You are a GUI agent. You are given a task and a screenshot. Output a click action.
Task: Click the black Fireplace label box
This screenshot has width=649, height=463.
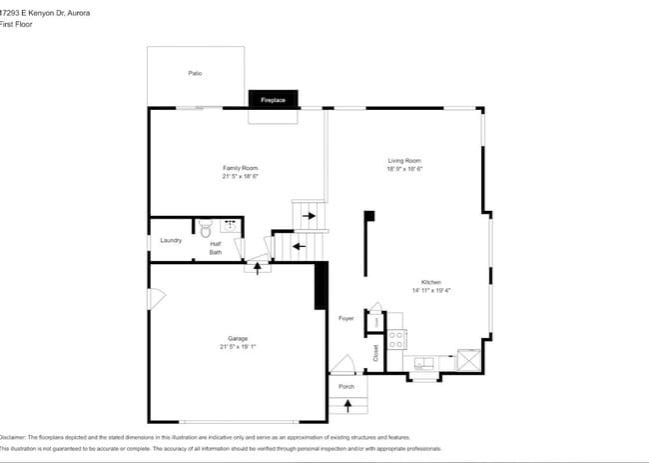point(274,100)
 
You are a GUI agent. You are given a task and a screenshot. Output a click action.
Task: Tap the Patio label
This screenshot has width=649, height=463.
point(196,73)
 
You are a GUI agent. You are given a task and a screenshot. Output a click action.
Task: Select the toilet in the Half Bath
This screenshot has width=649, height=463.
point(207,227)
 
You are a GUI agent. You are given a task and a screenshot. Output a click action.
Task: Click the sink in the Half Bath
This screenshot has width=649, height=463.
point(230,225)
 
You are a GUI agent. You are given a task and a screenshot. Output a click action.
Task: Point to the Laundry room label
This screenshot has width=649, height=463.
point(171,240)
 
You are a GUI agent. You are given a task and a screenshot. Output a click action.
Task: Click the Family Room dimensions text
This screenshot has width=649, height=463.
point(240,176)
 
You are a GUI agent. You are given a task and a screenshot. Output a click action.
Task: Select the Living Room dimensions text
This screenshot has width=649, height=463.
point(404,169)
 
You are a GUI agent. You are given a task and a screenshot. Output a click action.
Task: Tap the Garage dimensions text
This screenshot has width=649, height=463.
point(239,347)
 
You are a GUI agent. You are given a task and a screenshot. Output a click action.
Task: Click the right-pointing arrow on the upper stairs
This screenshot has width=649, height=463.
point(310,214)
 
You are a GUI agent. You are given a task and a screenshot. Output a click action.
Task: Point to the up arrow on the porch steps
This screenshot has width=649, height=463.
point(347,405)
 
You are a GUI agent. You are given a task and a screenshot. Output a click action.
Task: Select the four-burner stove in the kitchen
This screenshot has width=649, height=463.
point(395,339)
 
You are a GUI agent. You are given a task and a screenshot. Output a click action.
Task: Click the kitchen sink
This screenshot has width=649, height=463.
point(423,362)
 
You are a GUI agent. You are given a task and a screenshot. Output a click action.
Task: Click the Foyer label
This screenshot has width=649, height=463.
point(346,318)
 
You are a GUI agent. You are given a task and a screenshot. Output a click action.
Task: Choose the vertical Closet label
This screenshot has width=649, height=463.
point(375,353)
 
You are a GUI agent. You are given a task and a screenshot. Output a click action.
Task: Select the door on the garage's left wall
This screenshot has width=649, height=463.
point(155,299)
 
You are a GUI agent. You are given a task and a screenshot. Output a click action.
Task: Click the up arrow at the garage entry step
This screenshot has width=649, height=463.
point(259,266)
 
